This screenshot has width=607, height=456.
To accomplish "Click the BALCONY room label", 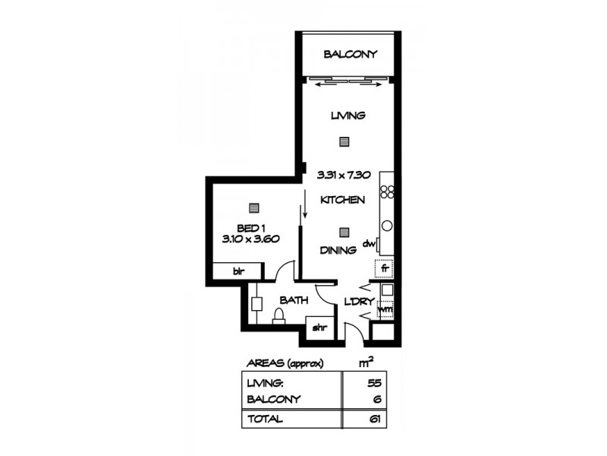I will pos(350,54).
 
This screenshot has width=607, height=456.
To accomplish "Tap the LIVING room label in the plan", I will pos(348,116).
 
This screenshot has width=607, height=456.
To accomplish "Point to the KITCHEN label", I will pos(342,200).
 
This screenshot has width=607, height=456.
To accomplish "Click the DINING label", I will pos(338,249).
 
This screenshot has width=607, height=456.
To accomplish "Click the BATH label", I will pos(293,300).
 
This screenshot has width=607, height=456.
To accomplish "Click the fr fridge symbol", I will pos(385,268).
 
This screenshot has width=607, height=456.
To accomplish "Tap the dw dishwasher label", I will pos(370,243).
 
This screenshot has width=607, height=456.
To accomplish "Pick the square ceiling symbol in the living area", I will pos(344,141).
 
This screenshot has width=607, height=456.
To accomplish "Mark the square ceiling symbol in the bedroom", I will pos(253,207).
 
